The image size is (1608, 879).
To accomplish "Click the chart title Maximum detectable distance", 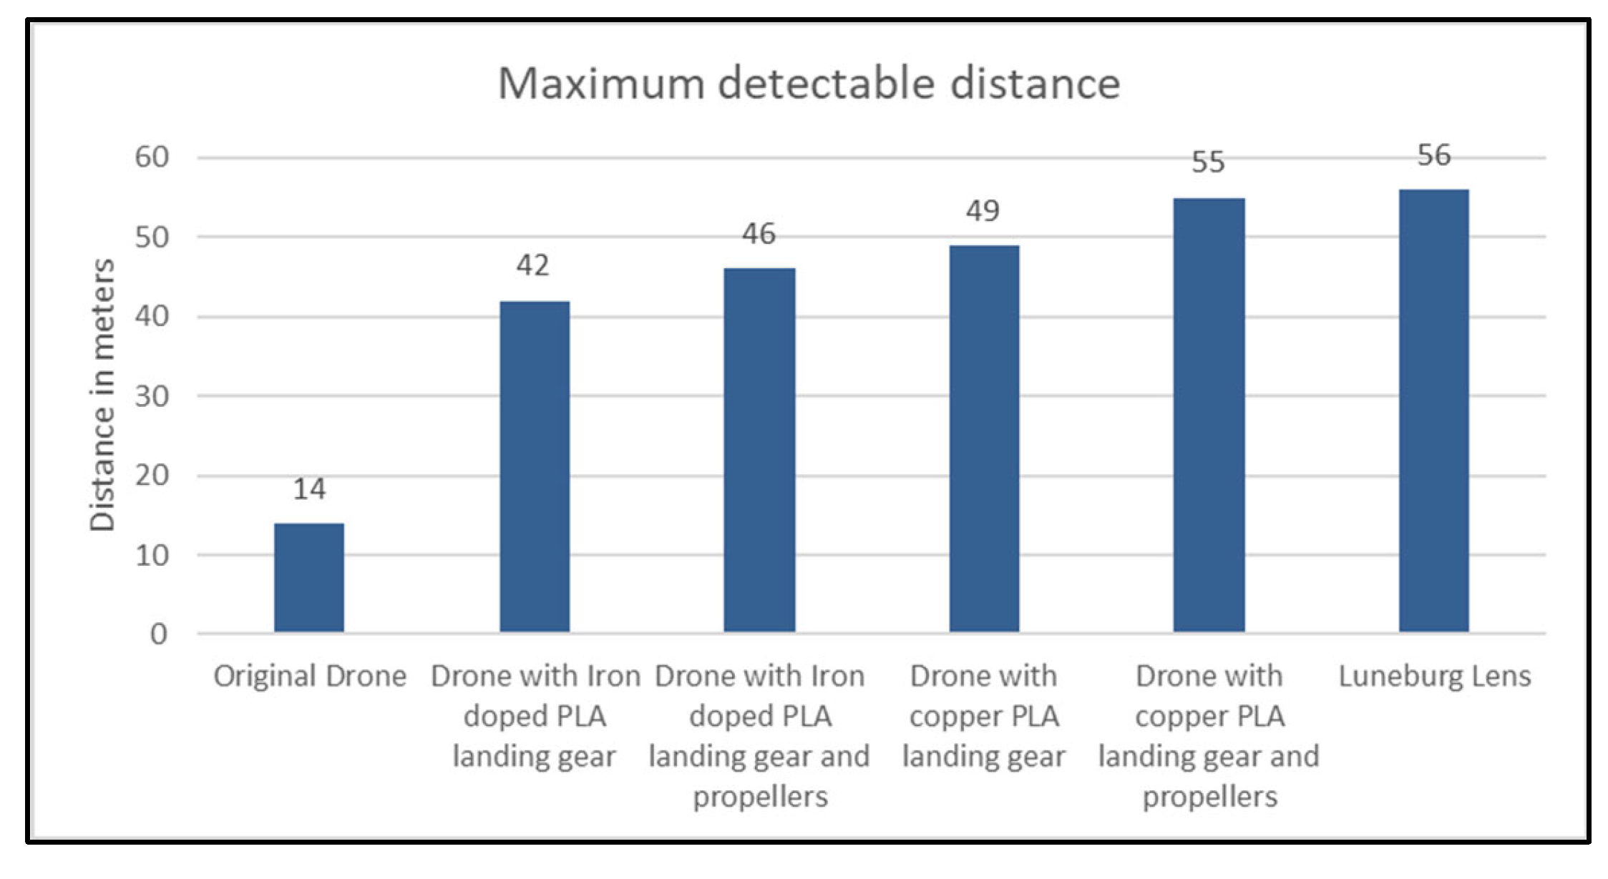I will point(809,84).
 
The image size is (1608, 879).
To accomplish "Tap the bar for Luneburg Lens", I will point(1433,411).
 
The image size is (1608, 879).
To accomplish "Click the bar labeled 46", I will point(759,450).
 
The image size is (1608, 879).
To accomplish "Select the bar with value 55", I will point(1209,415).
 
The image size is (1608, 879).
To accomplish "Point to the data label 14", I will point(309,489).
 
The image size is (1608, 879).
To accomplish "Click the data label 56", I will point(1433,156).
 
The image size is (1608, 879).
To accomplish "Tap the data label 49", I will point(983,211).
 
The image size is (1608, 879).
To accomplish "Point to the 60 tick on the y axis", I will point(152,157).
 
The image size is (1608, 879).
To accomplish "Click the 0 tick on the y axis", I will point(159,634).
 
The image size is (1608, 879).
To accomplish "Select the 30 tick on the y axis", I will point(152,396).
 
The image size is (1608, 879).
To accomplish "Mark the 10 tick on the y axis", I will point(152,556).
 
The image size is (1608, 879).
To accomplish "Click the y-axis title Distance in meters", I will point(102,395).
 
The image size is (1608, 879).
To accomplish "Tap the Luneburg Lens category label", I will point(1434,677).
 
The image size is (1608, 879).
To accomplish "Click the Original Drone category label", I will point(310,677).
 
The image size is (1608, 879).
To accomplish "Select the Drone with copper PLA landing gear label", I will point(984,716).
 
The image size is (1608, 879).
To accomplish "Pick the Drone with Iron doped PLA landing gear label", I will point(535,716).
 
